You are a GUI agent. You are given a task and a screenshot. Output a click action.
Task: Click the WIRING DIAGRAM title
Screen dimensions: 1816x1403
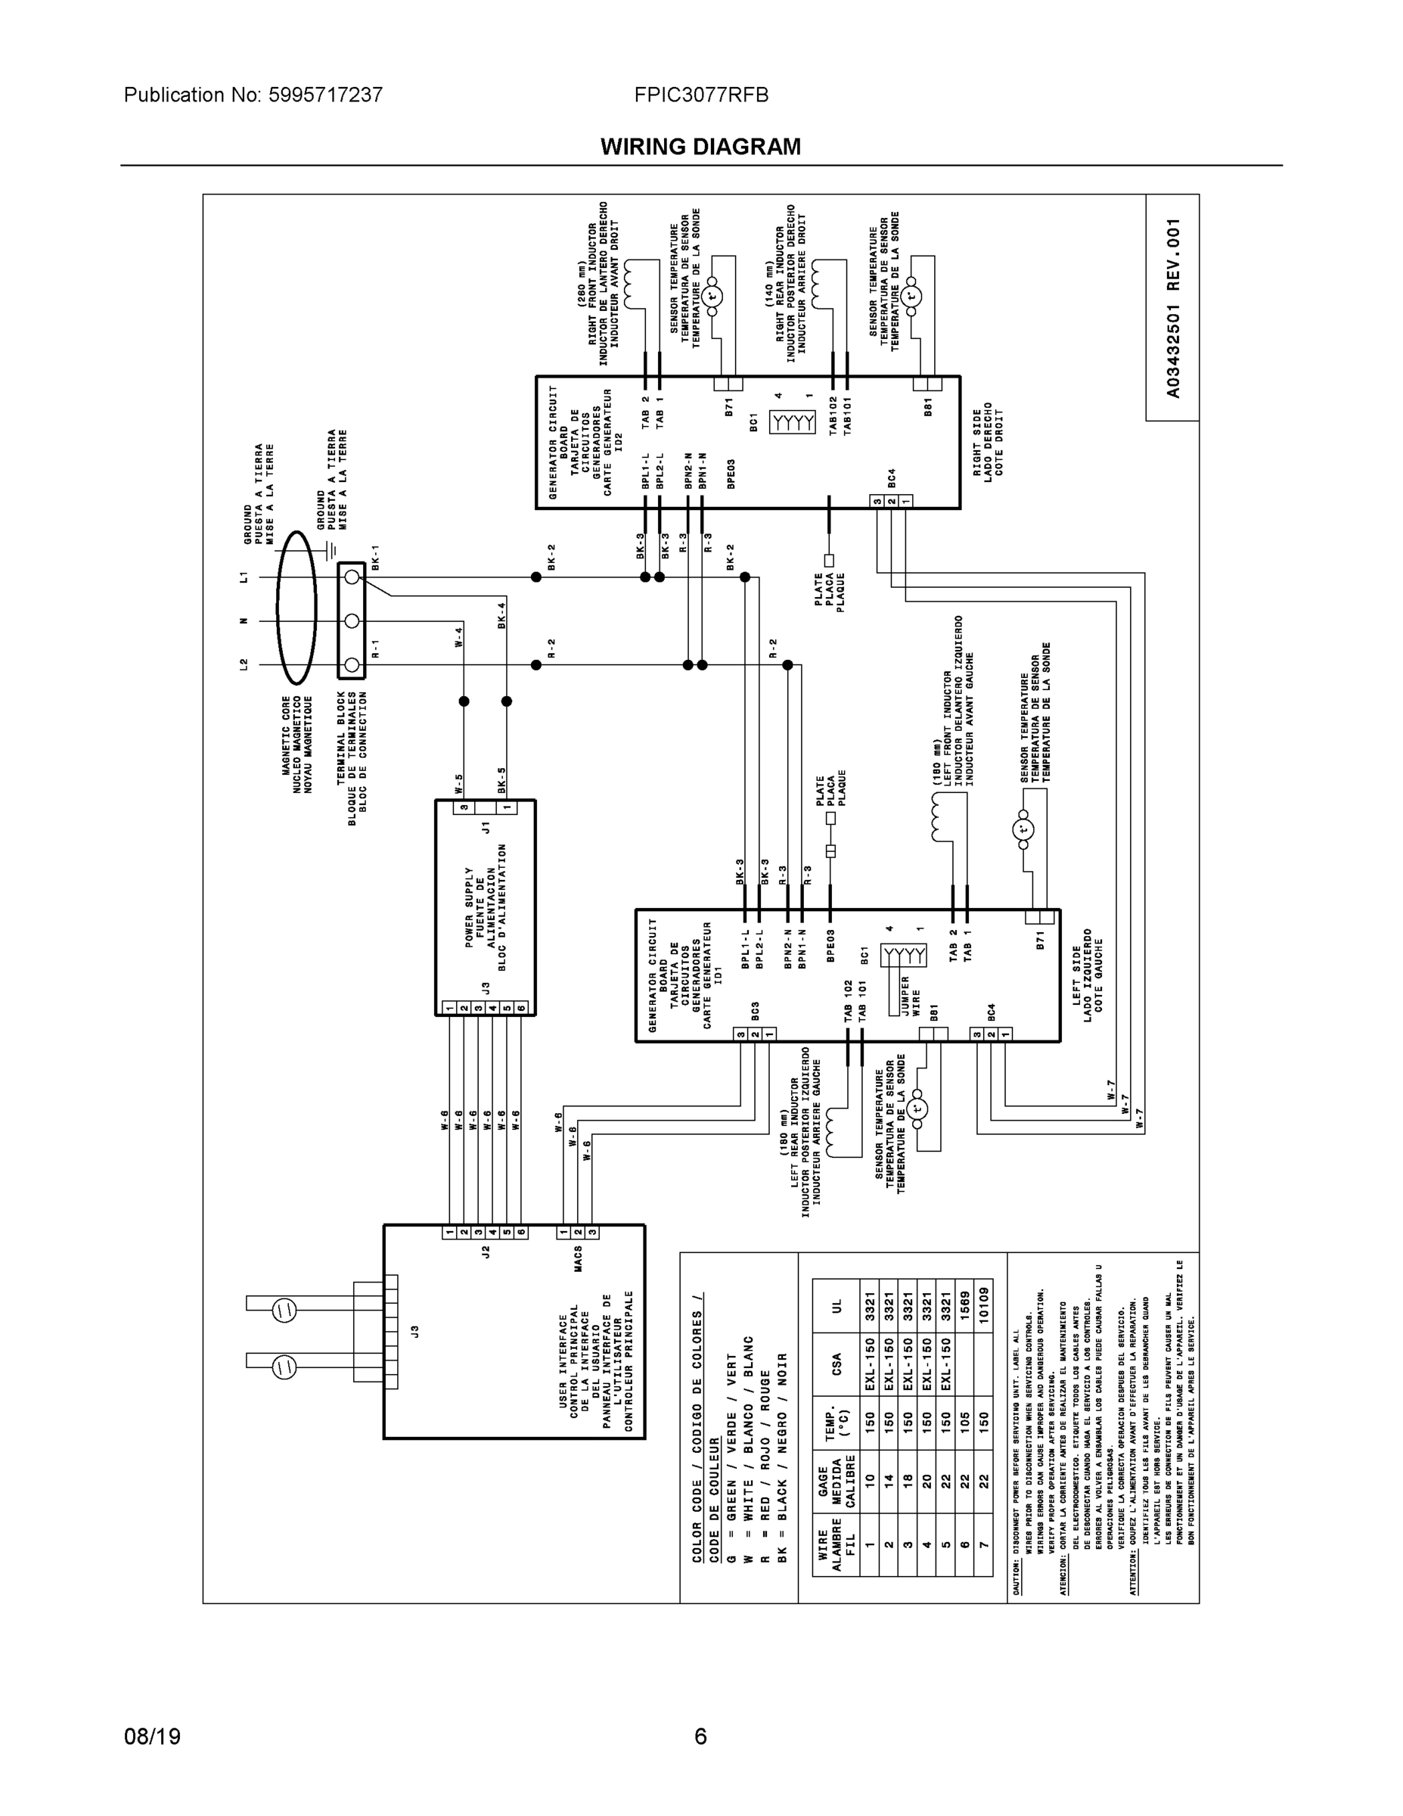(700, 148)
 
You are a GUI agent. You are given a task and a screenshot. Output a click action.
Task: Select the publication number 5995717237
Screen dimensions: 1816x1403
(324, 95)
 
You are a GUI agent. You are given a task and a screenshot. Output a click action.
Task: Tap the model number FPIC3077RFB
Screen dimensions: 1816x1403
(700, 95)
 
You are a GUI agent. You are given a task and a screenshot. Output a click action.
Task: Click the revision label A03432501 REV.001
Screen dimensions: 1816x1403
(1173, 308)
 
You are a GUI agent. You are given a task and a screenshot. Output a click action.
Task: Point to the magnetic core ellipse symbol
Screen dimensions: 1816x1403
(296, 620)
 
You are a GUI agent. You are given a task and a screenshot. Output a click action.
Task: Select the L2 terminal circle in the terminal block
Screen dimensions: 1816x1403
(352, 665)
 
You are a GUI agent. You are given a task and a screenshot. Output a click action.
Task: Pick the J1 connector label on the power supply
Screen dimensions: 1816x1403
(486, 827)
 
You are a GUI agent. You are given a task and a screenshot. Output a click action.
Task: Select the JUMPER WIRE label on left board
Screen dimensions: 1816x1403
(911, 995)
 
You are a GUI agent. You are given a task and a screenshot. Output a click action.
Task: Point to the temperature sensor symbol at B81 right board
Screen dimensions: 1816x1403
(912, 296)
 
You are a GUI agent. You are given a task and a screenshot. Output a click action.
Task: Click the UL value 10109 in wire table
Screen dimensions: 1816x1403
(983, 1307)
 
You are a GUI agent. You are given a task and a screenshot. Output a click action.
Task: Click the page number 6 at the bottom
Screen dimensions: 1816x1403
(700, 1737)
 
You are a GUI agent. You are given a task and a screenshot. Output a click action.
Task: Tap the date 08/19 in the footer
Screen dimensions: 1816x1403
(152, 1737)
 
